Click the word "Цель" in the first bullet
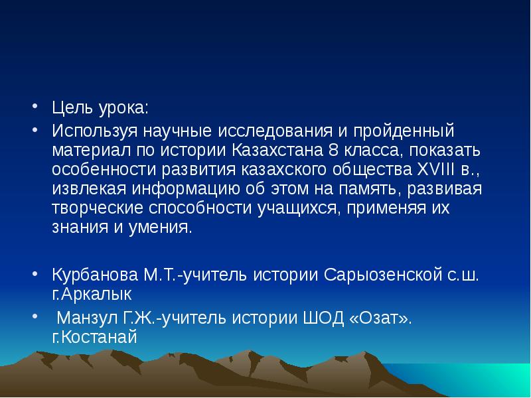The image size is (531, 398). tap(71, 107)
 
